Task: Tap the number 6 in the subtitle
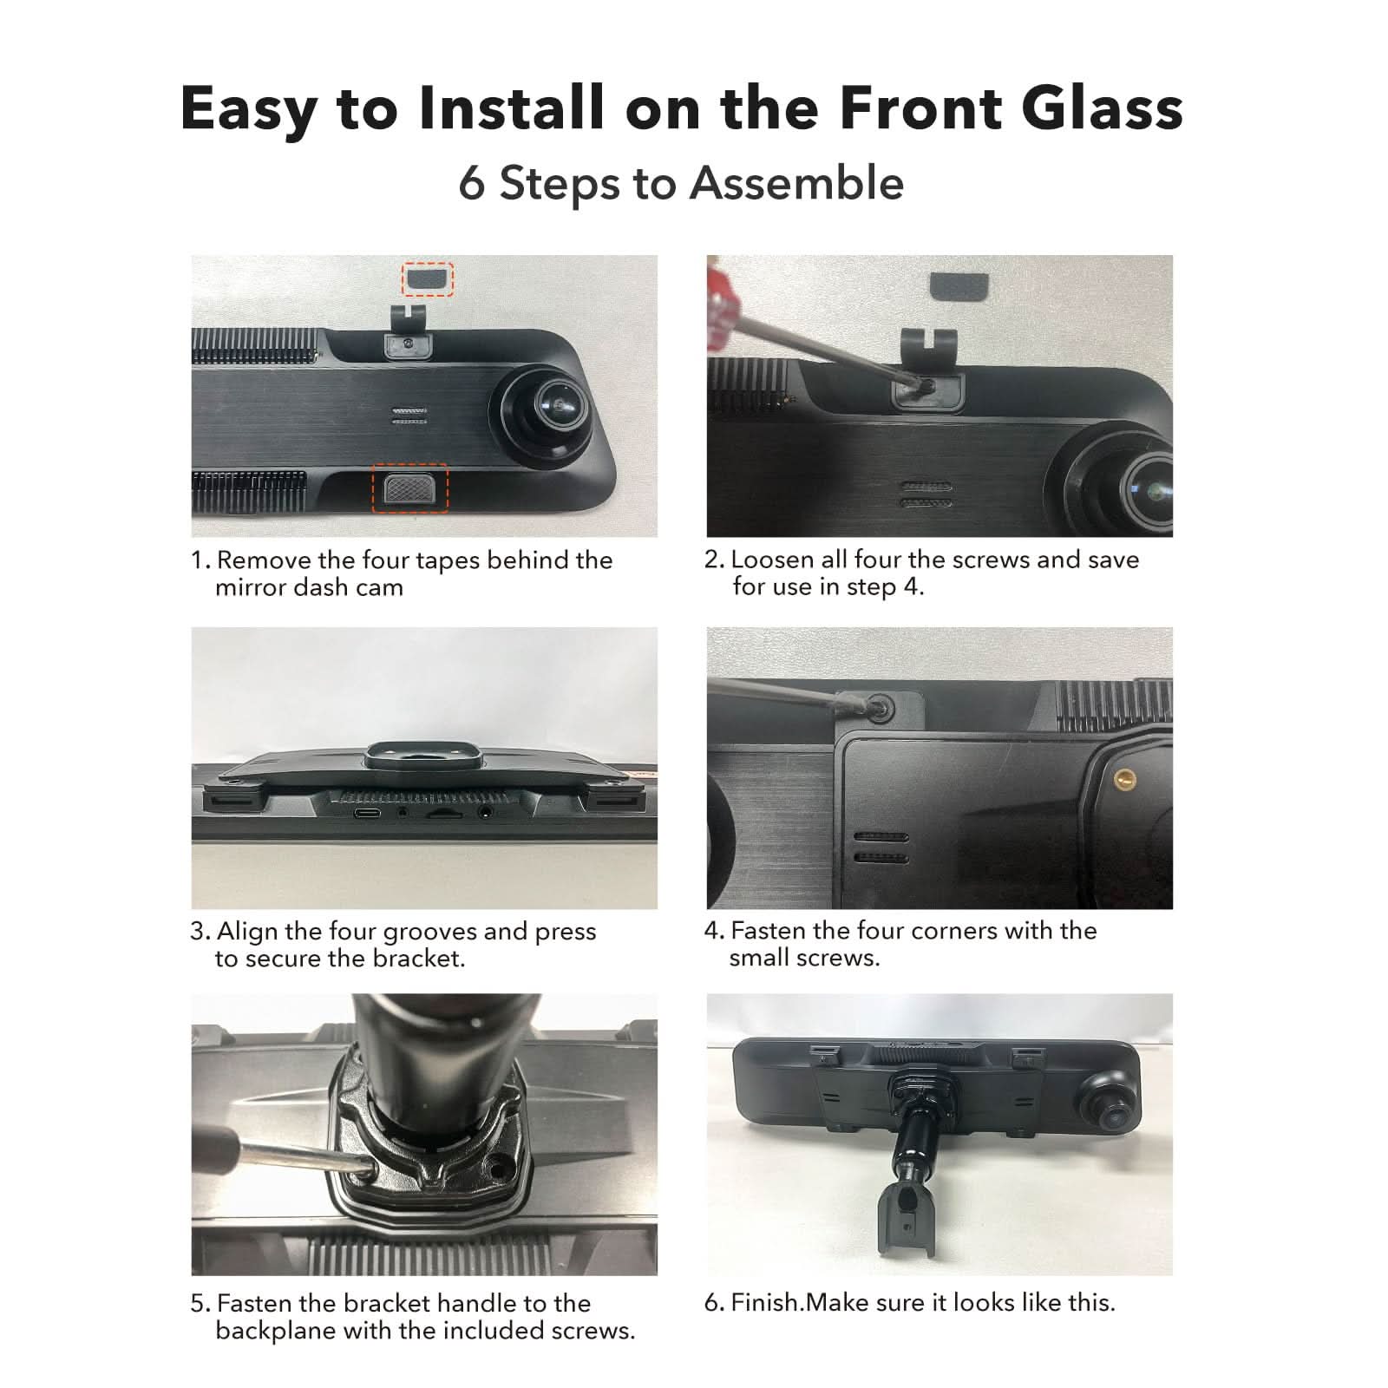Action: tap(471, 184)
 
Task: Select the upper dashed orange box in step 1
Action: tap(427, 279)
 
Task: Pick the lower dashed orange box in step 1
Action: tap(410, 488)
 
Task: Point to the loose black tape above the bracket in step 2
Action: tap(959, 285)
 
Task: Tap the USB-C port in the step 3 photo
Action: tap(364, 814)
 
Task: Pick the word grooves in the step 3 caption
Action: tap(430, 933)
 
